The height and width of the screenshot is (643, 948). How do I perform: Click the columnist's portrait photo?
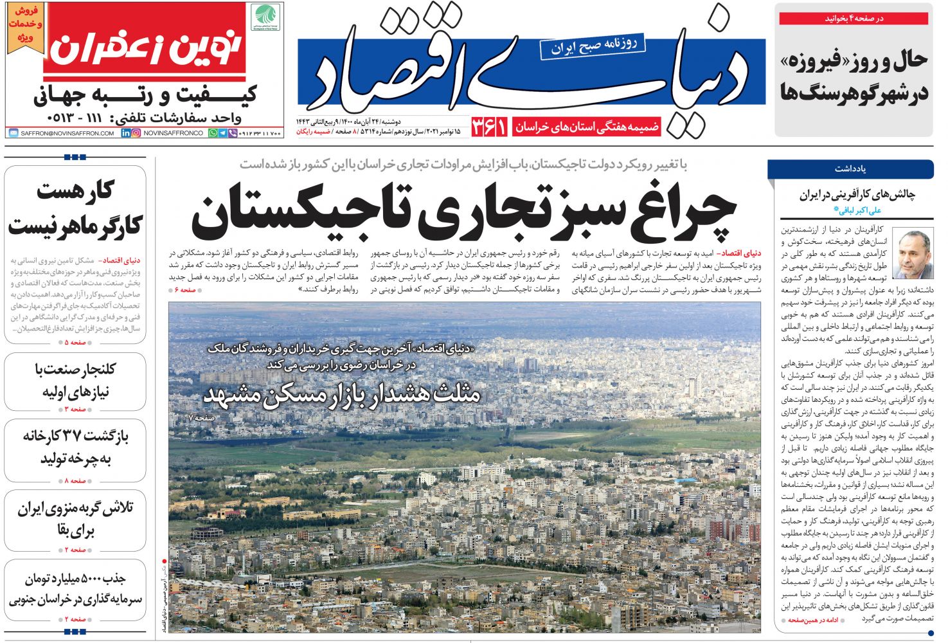click(x=915, y=255)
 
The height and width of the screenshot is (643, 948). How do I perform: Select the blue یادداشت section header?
click(x=850, y=169)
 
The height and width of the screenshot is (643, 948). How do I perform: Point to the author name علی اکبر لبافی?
click(x=857, y=210)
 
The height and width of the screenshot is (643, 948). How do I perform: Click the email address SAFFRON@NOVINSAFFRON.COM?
click(x=63, y=133)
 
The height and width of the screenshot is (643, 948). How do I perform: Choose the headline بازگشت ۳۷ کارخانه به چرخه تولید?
click(x=75, y=448)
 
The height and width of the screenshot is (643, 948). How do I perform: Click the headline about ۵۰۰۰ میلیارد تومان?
click(x=75, y=588)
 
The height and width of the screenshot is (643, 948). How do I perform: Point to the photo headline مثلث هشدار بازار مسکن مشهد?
click(x=342, y=394)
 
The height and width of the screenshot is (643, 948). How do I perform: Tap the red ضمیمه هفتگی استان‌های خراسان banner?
click(x=587, y=127)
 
